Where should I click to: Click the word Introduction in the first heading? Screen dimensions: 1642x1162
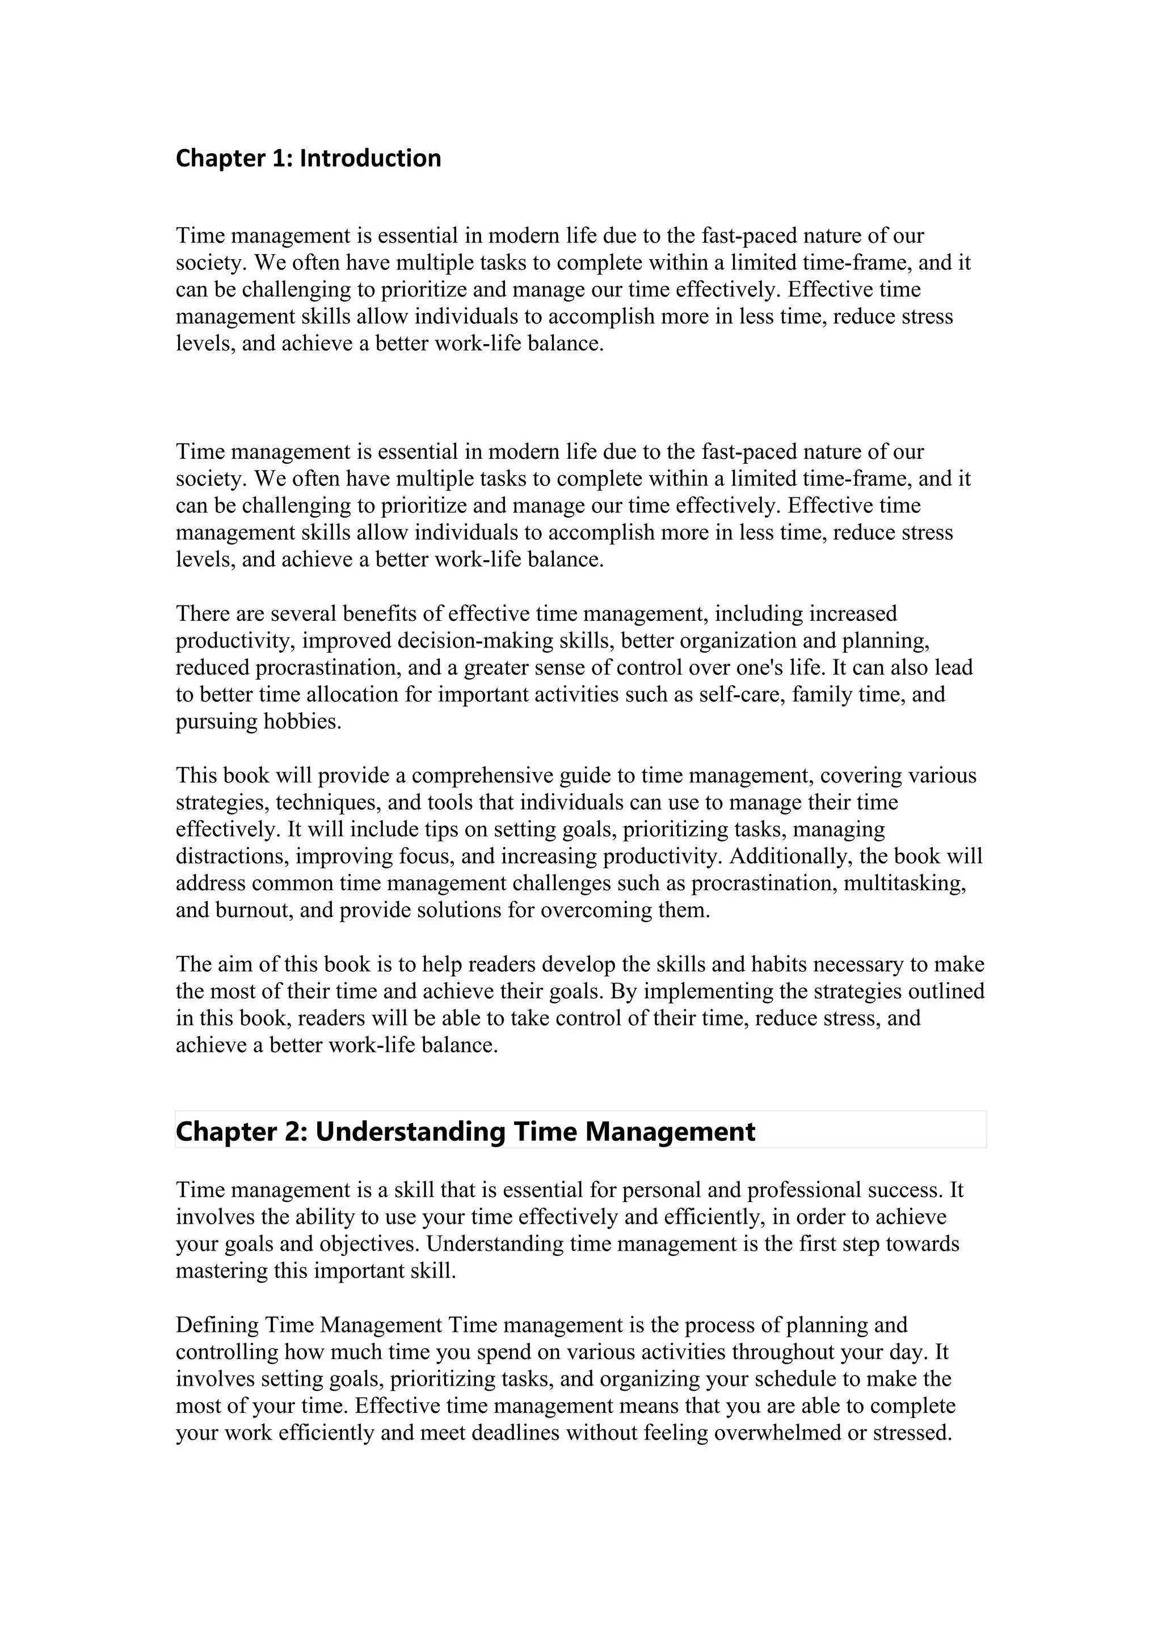click(x=370, y=158)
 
